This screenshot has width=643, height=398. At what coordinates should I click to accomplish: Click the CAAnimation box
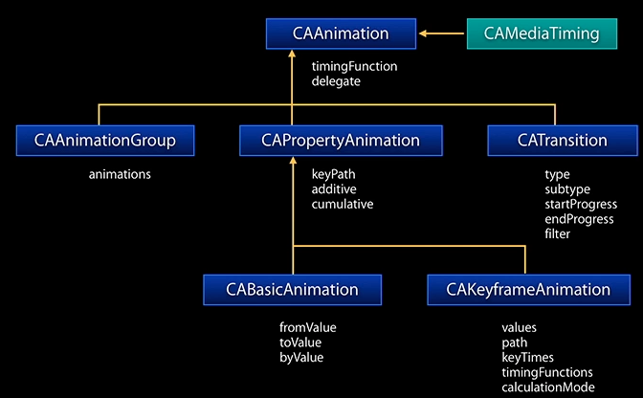[342, 34]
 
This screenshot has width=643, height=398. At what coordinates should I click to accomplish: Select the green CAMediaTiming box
[542, 34]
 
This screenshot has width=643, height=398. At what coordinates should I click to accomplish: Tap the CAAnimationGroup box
[105, 141]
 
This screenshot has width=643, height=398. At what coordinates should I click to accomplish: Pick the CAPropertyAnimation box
[341, 141]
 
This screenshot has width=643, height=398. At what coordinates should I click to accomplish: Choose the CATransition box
[562, 141]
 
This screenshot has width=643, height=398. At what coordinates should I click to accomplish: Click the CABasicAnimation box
[292, 289]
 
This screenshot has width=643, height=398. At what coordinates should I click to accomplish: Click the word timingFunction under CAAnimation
[354, 67]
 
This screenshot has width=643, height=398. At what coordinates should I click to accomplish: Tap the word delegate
[335, 82]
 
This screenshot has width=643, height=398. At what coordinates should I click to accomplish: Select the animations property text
[120, 175]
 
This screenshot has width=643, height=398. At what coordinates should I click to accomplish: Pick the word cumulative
[342, 204]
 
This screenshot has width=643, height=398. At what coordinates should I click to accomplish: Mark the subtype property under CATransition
[566, 189]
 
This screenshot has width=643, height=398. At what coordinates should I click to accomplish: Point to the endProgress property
[577, 219]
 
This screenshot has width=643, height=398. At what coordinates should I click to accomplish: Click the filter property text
[557, 233]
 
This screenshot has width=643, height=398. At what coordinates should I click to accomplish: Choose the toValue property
[299, 343]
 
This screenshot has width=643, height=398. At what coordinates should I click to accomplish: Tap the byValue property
[301, 357]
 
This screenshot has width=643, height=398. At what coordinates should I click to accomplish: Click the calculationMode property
[547, 387]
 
